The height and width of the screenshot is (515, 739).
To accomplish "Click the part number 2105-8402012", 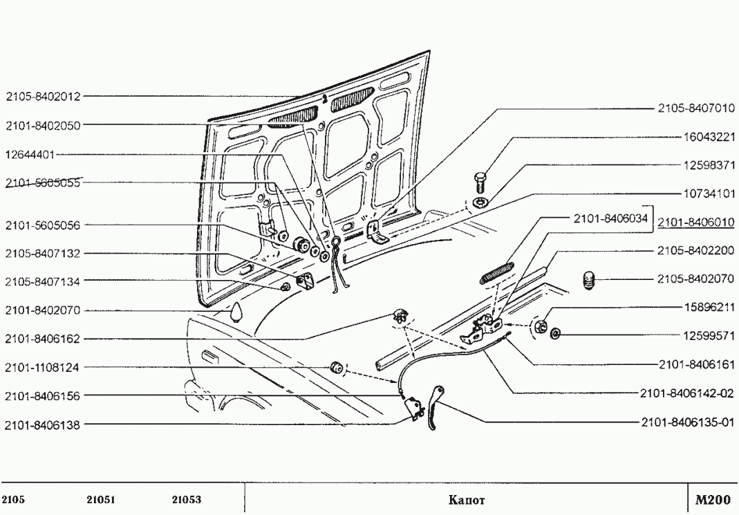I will [x=43, y=97].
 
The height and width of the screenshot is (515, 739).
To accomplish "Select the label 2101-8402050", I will [x=43, y=126].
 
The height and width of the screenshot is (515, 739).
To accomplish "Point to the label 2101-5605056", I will [x=43, y=225].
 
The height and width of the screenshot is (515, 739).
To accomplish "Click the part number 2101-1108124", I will [x=43, y=367].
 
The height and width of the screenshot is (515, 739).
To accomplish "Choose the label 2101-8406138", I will [x=43, y=425].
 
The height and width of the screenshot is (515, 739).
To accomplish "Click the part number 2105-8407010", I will [x=695, y=109].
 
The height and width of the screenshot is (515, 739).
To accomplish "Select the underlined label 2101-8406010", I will [x=695, y=223].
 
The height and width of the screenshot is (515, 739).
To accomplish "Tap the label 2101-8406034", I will [x=610, y=218].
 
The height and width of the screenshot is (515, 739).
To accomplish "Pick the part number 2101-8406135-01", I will [x=689, y=422].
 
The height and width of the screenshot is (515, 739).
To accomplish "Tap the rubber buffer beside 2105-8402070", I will [x=588, y=280].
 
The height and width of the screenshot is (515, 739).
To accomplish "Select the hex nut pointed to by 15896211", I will [x=542, y=324].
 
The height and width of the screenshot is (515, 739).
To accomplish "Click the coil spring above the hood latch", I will [x=496, y=271].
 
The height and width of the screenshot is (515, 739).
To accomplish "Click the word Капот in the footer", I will [x=466, y=500].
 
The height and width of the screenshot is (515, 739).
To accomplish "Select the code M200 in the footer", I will [x=712, y=499].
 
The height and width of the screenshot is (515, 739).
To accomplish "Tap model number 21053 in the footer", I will [x=186, y=500].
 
